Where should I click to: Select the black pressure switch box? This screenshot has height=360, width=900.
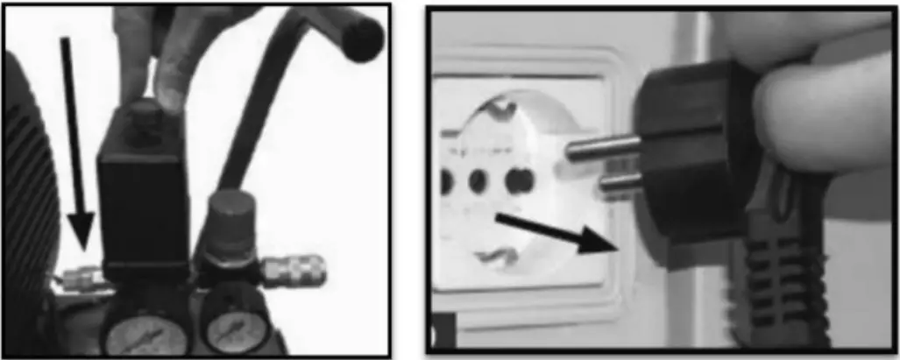click(144, 201)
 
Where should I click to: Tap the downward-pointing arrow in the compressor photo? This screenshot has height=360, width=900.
click(74, 140)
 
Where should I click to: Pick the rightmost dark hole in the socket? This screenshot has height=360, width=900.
click(519, 180)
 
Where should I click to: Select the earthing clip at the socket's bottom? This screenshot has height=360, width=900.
click(500, 255)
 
